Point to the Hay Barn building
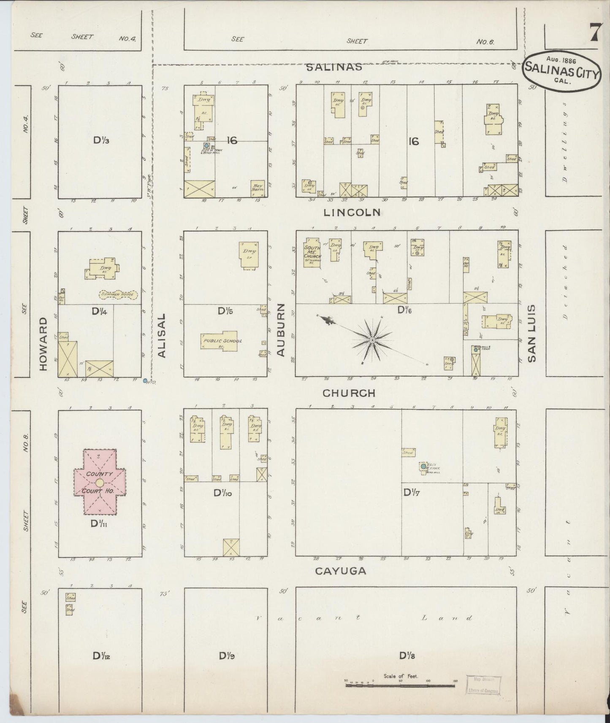258,189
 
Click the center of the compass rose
372,340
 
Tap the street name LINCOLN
352,213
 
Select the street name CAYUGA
341,571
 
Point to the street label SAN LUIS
531,334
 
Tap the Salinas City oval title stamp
561,70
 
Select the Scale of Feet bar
400,685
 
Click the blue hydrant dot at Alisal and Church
145,381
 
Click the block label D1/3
101,140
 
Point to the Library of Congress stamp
484,685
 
